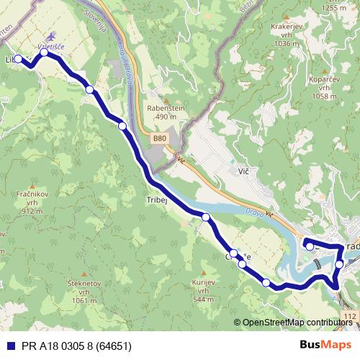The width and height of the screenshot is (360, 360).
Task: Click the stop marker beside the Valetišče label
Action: point(45,53)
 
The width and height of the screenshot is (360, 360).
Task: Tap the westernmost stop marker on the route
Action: point(19,59)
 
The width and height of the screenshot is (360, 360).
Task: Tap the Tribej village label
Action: point(156,201)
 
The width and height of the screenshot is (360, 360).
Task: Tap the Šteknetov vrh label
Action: point(80,292)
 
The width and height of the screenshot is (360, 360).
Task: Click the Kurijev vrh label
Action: point(204,291)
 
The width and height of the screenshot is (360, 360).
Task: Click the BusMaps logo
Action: point(330,345)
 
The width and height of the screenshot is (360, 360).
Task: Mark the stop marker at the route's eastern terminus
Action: point(310,247)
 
